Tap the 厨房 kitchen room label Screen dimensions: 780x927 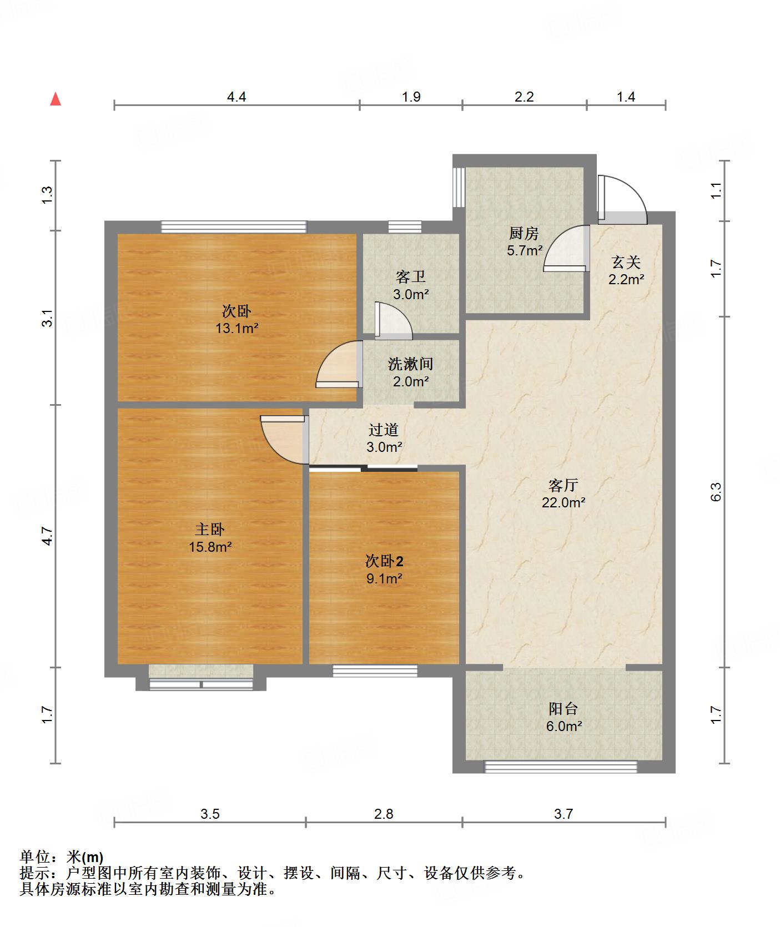(x=524, y=233)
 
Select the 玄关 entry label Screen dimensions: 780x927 (x=626, y=262)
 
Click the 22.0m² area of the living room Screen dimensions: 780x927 (x=563, y=503)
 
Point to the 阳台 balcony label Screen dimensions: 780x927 (x=563, y=709)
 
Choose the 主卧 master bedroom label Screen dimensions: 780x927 (x=210, y=530)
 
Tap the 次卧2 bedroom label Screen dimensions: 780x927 (x=384, y=561)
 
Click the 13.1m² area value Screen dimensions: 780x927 (x=237, y=328)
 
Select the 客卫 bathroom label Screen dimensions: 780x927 (x=411, y=276)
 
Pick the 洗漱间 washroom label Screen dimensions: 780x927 (x=410, y=364)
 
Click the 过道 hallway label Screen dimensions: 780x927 (x=384, y=430)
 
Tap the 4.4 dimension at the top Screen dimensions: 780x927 (x=236, y=97)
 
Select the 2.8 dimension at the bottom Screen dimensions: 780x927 (x=384, y=814)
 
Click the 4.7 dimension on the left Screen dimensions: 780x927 (x=47, y=536)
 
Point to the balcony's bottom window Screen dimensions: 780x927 (x=561, y=767)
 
